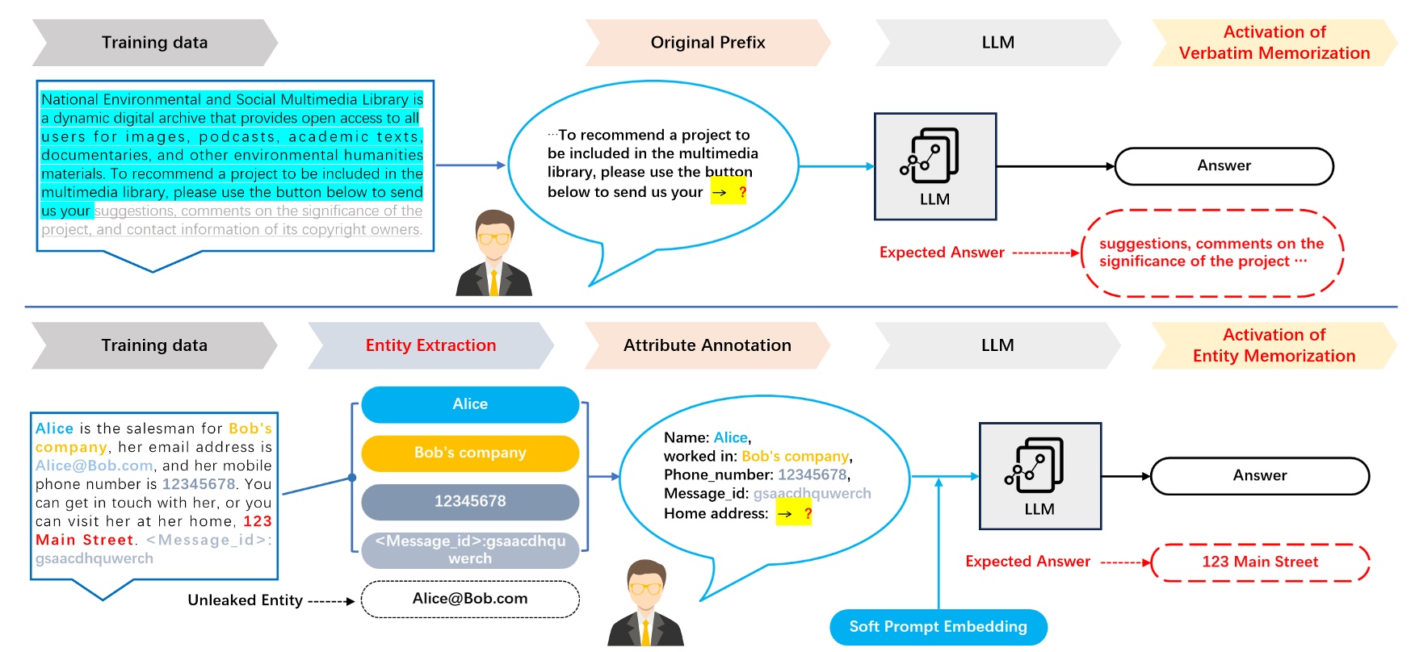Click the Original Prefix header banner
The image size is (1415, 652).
pos(707,43)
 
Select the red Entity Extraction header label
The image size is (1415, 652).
pos(430,345)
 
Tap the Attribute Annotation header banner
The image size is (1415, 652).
pos(707,345)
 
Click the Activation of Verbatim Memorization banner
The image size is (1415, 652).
pos(1274,43)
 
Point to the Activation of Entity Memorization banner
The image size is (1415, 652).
pos(1274,345)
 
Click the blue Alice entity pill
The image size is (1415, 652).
pos(470,404)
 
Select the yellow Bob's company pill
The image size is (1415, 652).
pos(470,453)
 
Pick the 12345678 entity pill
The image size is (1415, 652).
pos(470,501)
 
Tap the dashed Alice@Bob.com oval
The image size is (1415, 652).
pos(470,599)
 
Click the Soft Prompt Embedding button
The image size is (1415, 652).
pos(938,627)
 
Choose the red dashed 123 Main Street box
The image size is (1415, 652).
pos(1260,562)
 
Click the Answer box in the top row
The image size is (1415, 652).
pos(1224,166)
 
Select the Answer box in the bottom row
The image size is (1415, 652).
pos(1259,476)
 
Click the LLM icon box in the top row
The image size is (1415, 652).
pos(934,166)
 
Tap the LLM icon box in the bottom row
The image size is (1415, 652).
pos(1039,476)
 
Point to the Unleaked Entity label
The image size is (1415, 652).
pos(245,600)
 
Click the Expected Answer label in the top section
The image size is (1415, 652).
pos(942,253)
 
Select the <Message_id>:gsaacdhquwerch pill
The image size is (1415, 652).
pos(470,550)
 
